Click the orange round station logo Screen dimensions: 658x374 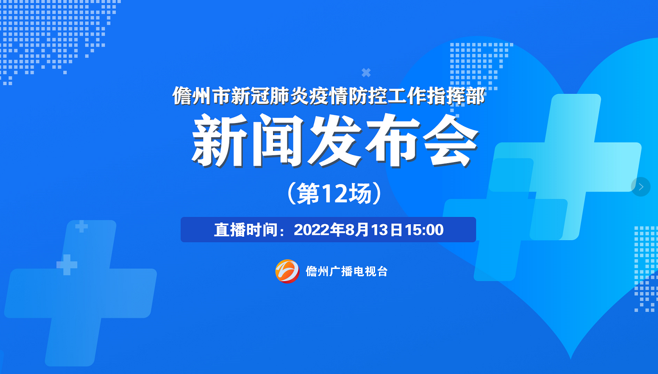click(x=287, y=271)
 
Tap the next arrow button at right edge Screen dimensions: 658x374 click(x=641, y=187)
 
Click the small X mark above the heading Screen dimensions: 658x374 click(x=366, y=72)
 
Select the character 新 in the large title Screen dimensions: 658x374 click(x=219, y=140)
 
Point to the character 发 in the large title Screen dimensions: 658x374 click(x=335, y=140)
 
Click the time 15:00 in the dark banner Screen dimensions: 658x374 click(x=425, y=230)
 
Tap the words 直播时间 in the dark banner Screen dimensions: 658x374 click(x=245, y=230)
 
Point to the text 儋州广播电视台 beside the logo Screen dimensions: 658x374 click(x=347, y=271)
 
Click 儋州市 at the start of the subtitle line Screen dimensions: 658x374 click(x=201, y=96)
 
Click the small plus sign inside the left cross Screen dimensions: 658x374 click(x=67, y=265)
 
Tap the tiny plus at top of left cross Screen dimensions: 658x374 click(x=81, y=226)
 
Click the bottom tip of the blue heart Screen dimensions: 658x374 click(x=571, y=359)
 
